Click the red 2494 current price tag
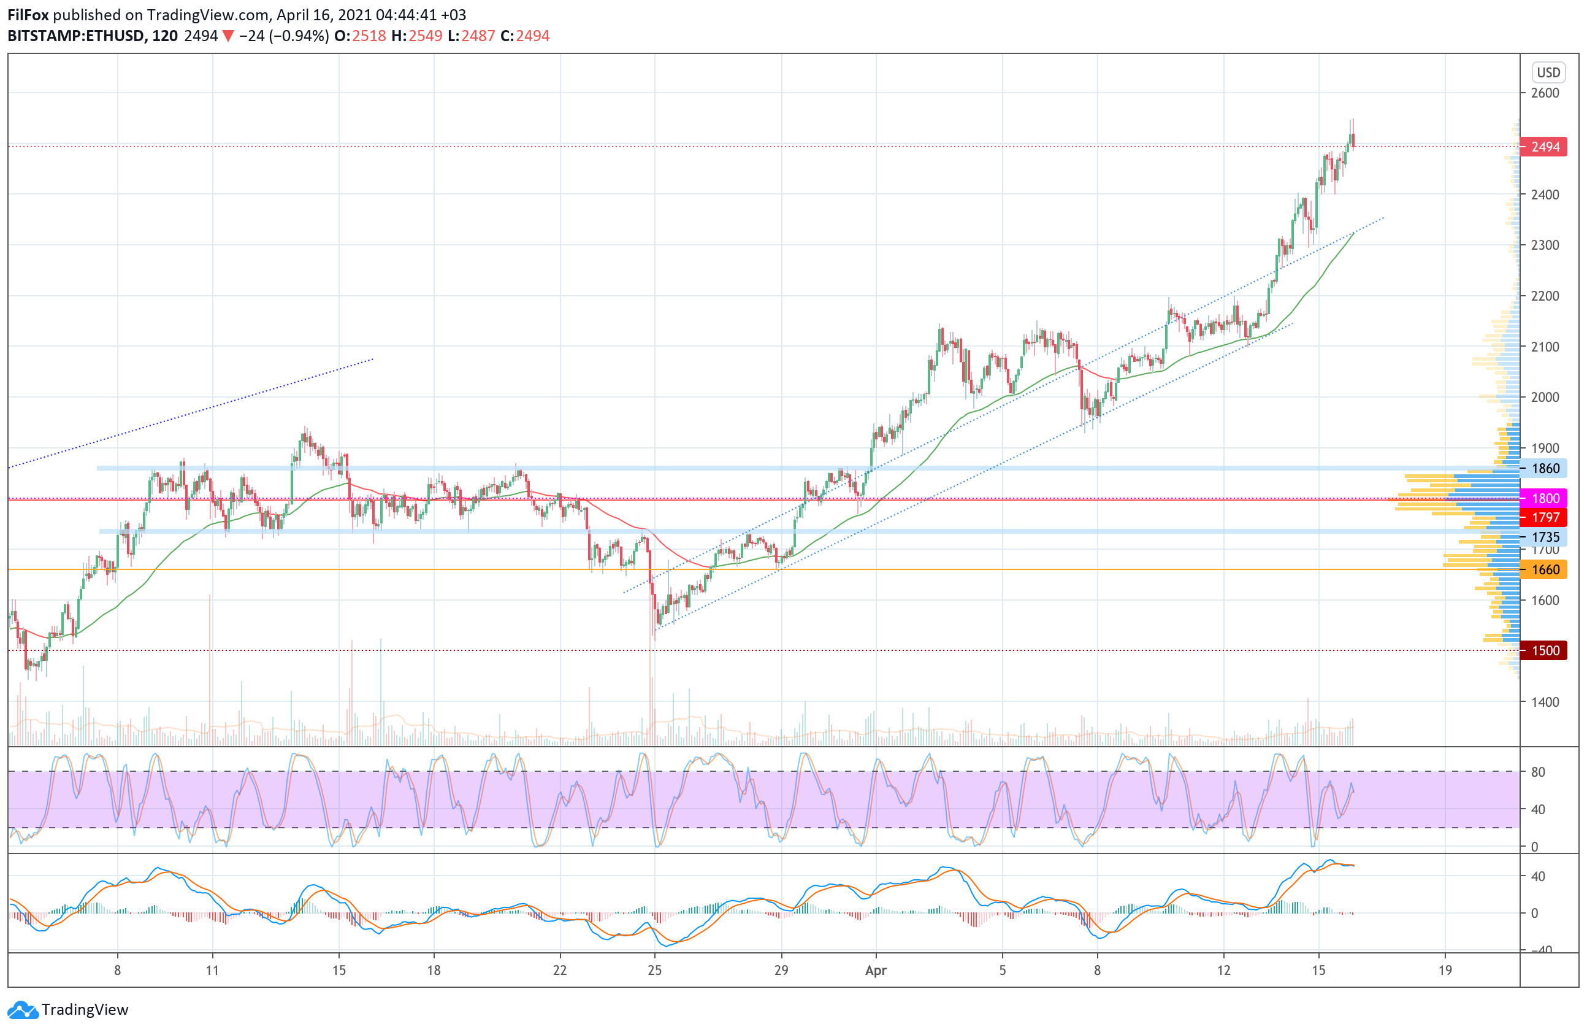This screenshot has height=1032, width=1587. point(1543,147)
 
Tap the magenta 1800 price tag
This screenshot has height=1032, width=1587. point(1543,498)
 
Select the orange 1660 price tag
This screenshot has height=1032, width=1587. point(1543,570)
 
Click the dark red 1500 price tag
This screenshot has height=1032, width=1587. point(1543,650)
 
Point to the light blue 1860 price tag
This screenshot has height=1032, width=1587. point(1543,468)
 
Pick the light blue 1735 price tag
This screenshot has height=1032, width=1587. point(1543,537)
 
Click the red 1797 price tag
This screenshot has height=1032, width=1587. point(1543,518)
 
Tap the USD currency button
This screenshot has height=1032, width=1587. point(1548,72)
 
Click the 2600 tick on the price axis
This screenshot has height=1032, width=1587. point(1545,93)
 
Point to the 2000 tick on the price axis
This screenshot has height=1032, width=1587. point(1545,397)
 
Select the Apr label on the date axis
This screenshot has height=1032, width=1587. point(876,971)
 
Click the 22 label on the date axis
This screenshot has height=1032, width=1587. point(560,971)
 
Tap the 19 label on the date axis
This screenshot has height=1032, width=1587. point(1444,971)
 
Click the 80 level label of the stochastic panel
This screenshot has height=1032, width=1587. point(1538,772)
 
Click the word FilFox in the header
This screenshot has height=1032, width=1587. point(28,15)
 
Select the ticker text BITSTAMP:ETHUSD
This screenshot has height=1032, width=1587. point(77,36)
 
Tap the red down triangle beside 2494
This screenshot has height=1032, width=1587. point(228,36)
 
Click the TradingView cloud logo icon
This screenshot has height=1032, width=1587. point(23,1010)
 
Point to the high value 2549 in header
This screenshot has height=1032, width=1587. point(426,36)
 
